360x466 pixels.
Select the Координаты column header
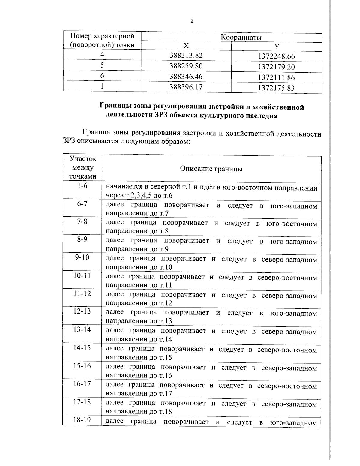pos(241,37)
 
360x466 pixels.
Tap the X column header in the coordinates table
pos(186,46)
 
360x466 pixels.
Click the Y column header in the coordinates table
pos(277,47)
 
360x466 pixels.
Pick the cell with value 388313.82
pos(186,56)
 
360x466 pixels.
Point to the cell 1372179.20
pos(276,67)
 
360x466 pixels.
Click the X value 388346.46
pos(186,77)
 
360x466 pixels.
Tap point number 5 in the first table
pos(102,65)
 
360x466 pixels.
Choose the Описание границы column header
pos(211,169)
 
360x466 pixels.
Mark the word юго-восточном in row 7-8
pos(292,224)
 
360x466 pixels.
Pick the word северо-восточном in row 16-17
pos(287,386)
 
